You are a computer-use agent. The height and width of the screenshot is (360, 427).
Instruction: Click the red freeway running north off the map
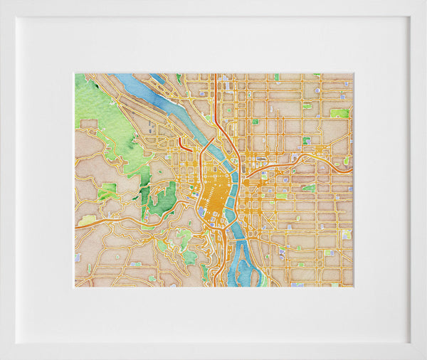coord(213,92)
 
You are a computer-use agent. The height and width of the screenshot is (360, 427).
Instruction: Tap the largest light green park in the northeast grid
coord(339,113)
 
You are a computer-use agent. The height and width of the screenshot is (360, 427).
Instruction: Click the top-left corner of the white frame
coord(2,2)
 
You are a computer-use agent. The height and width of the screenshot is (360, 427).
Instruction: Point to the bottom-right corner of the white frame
coord(424,357)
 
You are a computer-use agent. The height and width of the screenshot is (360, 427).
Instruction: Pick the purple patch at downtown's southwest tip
coord(201,211)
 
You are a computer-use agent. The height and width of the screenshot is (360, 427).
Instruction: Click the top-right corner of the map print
coord(353,73)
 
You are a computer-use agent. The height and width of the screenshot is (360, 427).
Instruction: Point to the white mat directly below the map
coord(213,313)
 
